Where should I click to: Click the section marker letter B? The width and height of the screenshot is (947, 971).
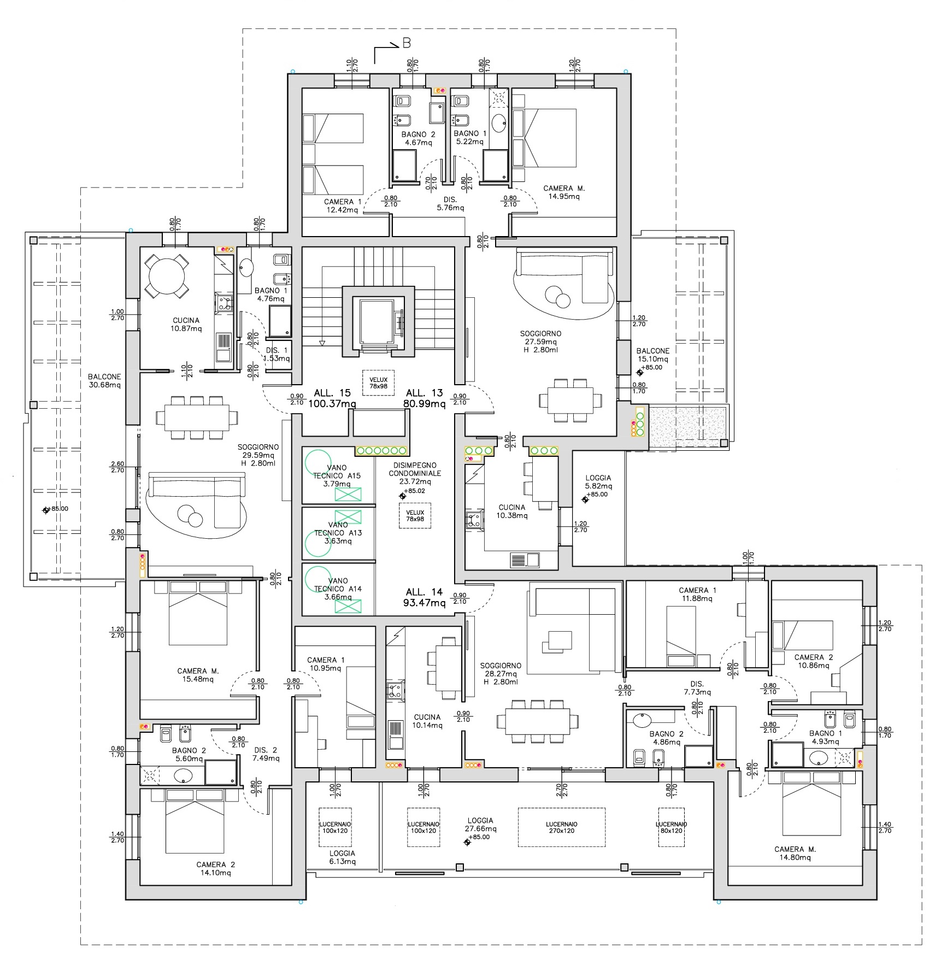(x=407, y=43)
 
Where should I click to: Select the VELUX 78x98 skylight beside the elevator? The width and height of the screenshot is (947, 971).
(x=378, y=382)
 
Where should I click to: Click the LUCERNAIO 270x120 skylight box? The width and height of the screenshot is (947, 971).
(x=561, y=827)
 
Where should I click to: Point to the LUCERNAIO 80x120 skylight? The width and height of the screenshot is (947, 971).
(x=671, y=827)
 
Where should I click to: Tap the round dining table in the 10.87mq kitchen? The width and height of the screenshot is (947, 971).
(x=166, y=276)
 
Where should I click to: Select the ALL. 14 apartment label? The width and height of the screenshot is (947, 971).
(x=424, y=592)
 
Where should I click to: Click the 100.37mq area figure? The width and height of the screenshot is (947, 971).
(x=332, y=404)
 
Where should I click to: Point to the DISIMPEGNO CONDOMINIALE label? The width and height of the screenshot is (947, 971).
(x=415, y=469)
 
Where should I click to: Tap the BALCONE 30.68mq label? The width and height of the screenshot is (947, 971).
(x=104, y=381)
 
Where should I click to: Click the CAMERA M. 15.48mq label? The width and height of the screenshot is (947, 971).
(x=198, y=675)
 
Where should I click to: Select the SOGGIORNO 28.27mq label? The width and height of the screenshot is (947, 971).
(x=501, y=670)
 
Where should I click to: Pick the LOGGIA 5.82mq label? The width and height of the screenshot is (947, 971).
(x=598, y=481)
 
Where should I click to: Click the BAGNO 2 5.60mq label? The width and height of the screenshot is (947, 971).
(x=189, y=755)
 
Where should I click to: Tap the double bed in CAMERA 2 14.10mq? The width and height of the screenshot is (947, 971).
(x=195, y=821)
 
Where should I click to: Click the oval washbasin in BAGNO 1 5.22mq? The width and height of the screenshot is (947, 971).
(x=499, y=123)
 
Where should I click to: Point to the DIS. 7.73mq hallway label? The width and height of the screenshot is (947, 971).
(x=697, y=688)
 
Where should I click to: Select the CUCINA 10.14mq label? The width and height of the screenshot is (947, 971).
(x=427, y=721)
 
